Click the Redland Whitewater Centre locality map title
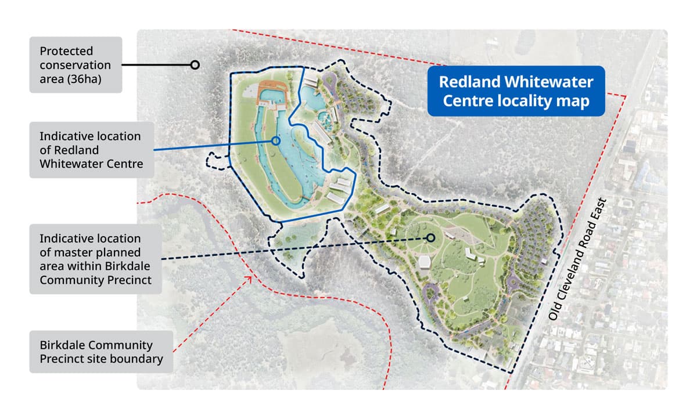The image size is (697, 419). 516,91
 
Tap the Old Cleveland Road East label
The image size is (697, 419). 577,259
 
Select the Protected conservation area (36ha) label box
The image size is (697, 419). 76,65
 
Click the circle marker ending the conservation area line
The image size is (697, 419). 195,65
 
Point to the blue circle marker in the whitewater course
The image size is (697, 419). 276,140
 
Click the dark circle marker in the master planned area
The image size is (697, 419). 431,237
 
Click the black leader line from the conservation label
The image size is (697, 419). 157,65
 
